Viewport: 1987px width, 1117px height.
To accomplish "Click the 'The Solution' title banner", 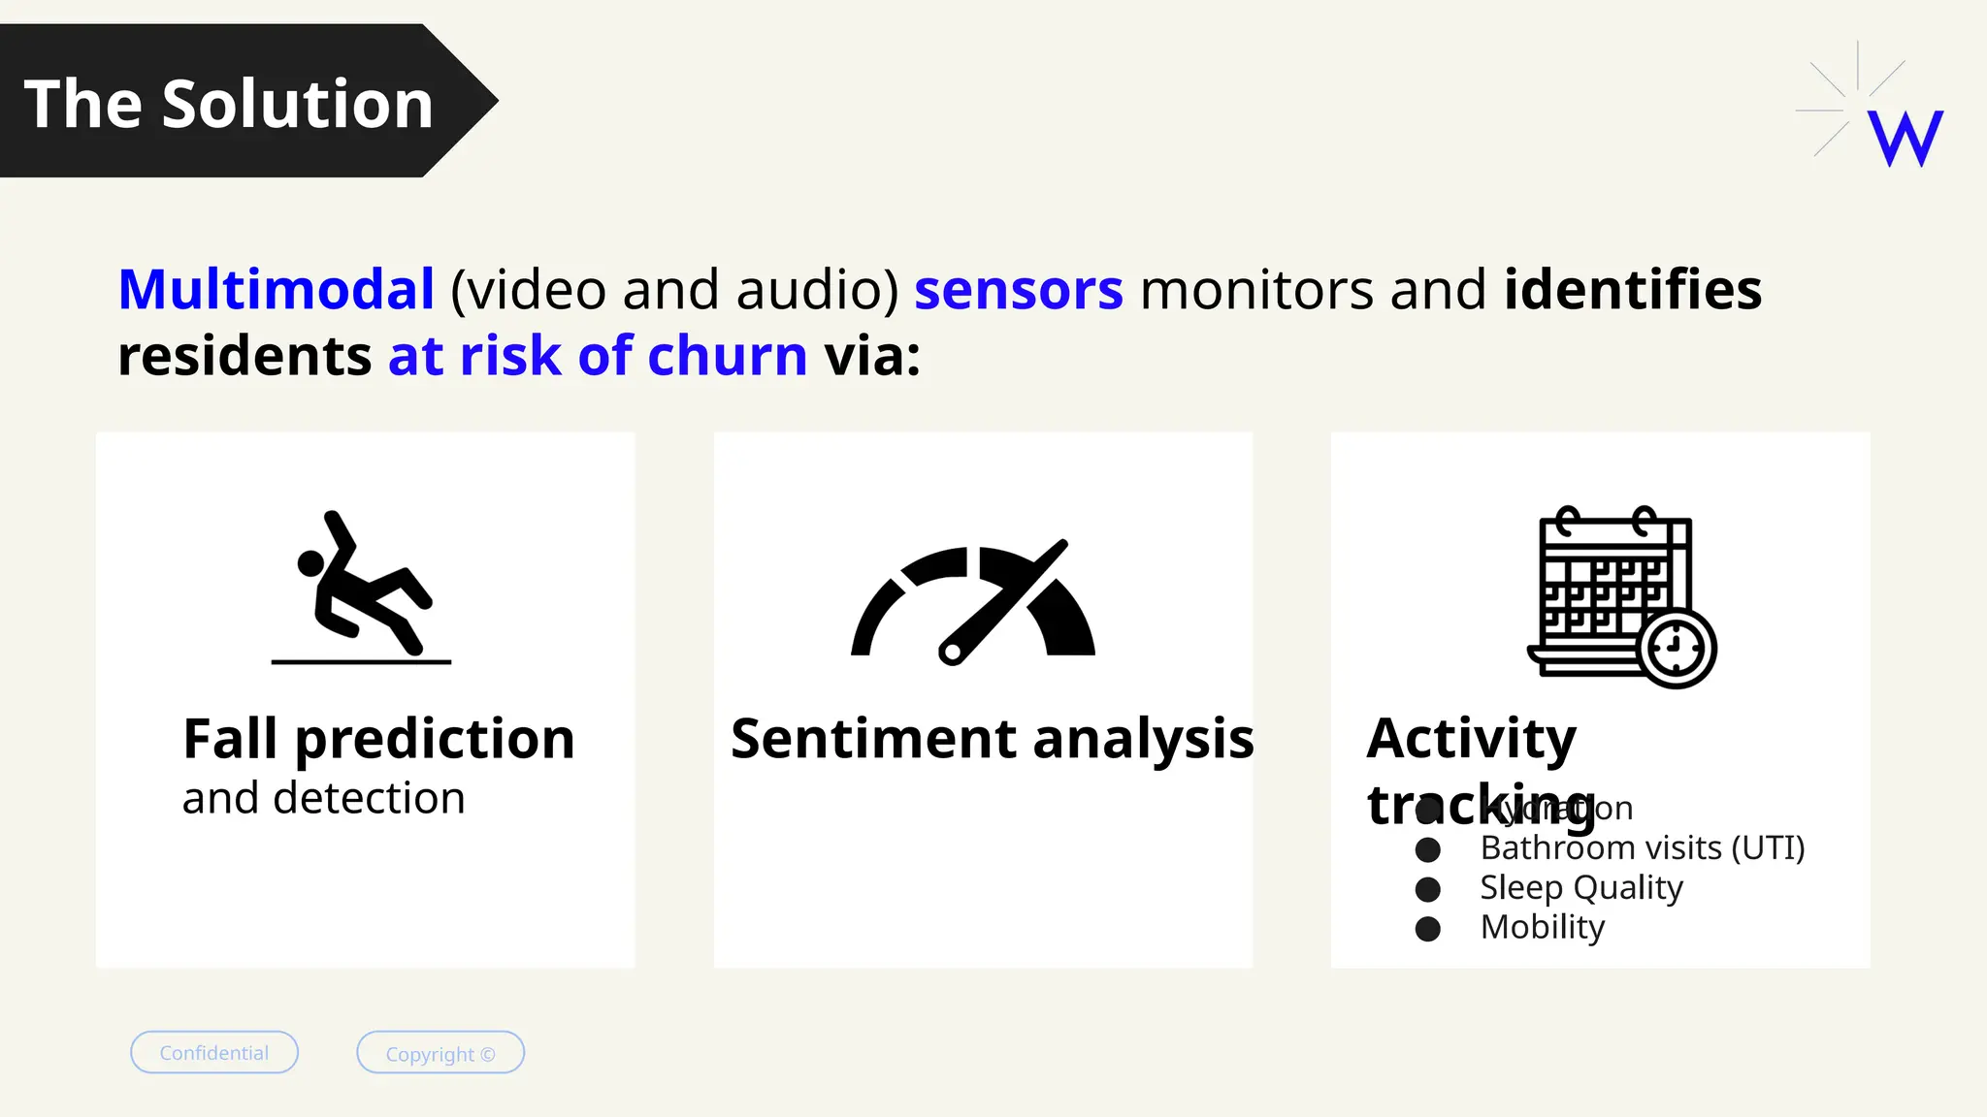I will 229,103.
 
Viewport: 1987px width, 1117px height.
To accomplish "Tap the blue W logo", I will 1906,139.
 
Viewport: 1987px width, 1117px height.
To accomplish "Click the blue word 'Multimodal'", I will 277,289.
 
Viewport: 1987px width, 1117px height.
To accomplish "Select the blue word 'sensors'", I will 1019,289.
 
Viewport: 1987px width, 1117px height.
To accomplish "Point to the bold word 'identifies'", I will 1632,289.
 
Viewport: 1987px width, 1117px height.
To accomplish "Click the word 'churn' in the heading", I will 727,355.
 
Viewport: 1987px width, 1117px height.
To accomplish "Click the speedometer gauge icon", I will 973,602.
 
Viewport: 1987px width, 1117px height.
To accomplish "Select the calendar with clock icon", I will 1620,595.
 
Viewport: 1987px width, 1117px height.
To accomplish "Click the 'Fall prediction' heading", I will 378,739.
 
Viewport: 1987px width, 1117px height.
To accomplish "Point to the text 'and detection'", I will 323,798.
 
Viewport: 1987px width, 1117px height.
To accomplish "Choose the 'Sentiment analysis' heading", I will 992,739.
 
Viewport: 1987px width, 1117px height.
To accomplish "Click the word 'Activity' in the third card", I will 1471,739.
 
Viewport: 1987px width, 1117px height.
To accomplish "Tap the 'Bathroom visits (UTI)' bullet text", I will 1642,848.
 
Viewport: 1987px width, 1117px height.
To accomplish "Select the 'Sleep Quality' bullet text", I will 1580,888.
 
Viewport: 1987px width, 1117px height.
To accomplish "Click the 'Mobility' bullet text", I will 1542,928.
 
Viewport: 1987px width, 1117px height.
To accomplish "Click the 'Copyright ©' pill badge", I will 440,1053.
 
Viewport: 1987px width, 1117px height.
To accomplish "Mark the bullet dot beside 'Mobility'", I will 1427,929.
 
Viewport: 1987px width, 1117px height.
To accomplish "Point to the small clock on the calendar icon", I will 1676,648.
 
